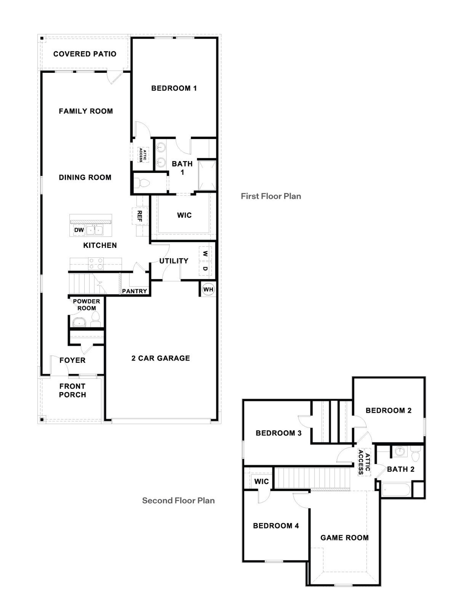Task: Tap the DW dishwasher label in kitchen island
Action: coord(79,230)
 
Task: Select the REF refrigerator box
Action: coord(140,216)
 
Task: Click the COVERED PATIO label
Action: coord(85,54)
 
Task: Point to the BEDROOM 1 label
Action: coord(174,88)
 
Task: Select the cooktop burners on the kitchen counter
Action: coord(96,264)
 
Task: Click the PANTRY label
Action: coord(134,291)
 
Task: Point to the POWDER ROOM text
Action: coord(87,305)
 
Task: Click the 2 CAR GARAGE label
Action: coord(161,358)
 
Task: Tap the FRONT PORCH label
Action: coord(73,390)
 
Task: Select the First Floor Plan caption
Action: coord(271,196)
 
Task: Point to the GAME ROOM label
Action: coord(344,538)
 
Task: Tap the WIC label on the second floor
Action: coord(261,481)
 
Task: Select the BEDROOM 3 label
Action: coord(278,433)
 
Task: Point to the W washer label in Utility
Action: coord(205,254)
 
